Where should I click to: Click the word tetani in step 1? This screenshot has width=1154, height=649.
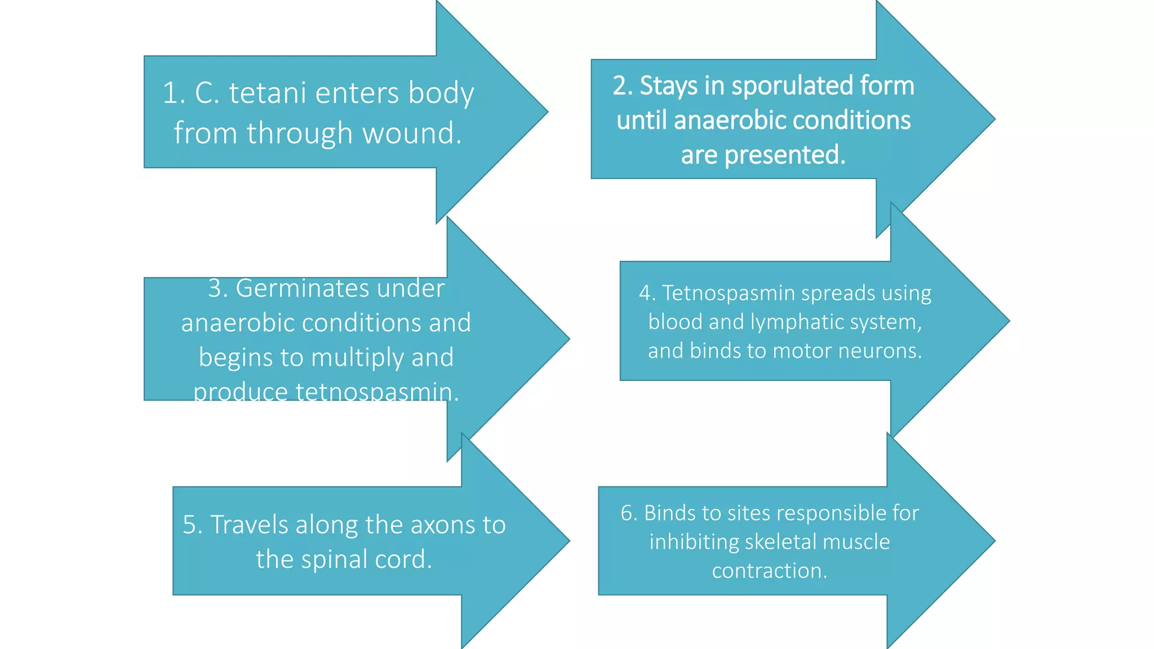267,93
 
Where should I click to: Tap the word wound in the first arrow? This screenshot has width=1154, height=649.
411,134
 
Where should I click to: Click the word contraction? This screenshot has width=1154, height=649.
769,571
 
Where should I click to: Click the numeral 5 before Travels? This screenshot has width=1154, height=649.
189,525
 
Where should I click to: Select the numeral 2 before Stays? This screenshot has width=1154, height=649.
620,86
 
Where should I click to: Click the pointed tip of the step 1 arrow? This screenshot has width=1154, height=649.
547,112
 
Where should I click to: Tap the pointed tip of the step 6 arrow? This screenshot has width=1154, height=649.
995,541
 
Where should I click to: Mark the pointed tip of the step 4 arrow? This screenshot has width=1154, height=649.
1009,321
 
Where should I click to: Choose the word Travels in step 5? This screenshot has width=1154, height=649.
249,525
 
